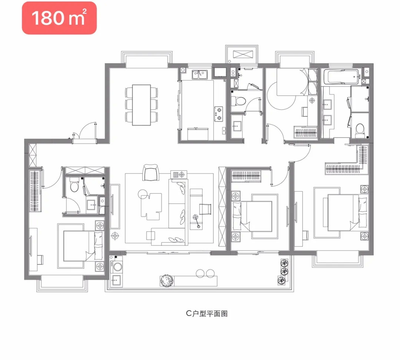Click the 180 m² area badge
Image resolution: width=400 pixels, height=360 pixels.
point(59,18)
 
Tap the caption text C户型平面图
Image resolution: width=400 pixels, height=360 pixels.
point(207,313)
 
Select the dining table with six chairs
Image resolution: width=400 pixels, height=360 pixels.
point(141,105)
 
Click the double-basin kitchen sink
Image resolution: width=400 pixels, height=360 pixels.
point(200,74)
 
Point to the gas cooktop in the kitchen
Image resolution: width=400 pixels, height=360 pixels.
point(219,114)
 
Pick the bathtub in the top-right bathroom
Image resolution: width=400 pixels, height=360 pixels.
point(341,77)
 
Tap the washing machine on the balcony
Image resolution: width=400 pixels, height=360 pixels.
point(117,266)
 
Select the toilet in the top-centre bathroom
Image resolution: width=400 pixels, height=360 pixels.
point(239,101)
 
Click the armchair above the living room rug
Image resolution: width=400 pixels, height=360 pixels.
point(151,172)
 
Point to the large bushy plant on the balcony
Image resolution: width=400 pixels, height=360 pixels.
point(167,280)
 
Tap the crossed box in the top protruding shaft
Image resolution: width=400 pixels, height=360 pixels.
point(243,54)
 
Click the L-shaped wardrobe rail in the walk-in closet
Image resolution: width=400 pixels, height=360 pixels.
point(347,163)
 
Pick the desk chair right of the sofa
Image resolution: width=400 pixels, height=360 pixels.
point(205,209)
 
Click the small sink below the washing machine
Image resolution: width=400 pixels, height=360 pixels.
point(116,281)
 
